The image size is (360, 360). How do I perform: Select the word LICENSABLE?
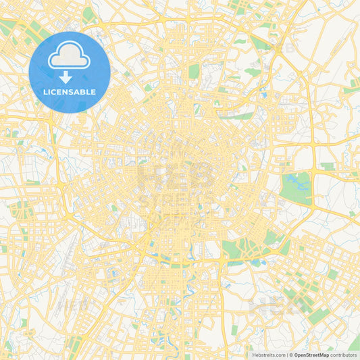(69, 92)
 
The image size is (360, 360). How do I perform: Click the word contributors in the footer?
(344, 355)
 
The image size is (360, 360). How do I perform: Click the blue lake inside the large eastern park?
(293, 181)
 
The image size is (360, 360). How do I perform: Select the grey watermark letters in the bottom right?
(270, 307)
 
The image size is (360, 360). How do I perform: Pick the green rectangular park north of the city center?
(195, 71)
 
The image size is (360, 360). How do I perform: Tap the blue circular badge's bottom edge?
(69, 111)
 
